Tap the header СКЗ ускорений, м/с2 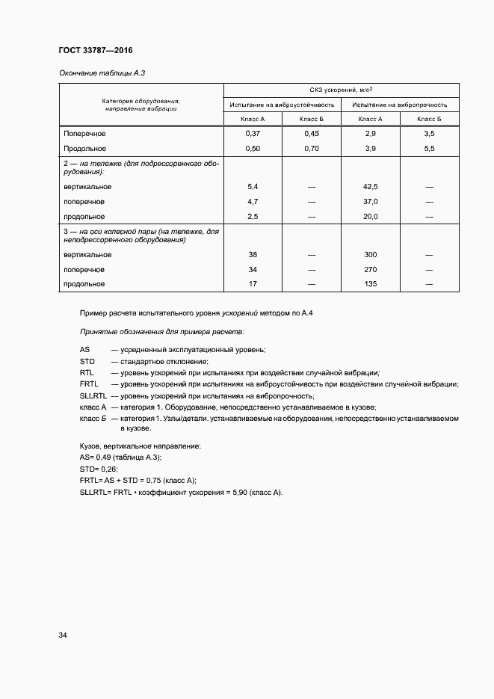[342, 89]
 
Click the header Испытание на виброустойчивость [282, 105]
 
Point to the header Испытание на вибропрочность [400, 105]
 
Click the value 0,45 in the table [311, 133]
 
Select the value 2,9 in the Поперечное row [370, 133]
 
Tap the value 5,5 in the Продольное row [429, 149]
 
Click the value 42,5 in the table [370, 186]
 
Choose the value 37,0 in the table [370, 202]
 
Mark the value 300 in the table [370, 255]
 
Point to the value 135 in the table [370, 284]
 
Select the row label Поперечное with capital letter [84, 133]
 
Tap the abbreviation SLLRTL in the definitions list [93, 395]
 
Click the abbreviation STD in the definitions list [87, 361]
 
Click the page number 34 [63, 635]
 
